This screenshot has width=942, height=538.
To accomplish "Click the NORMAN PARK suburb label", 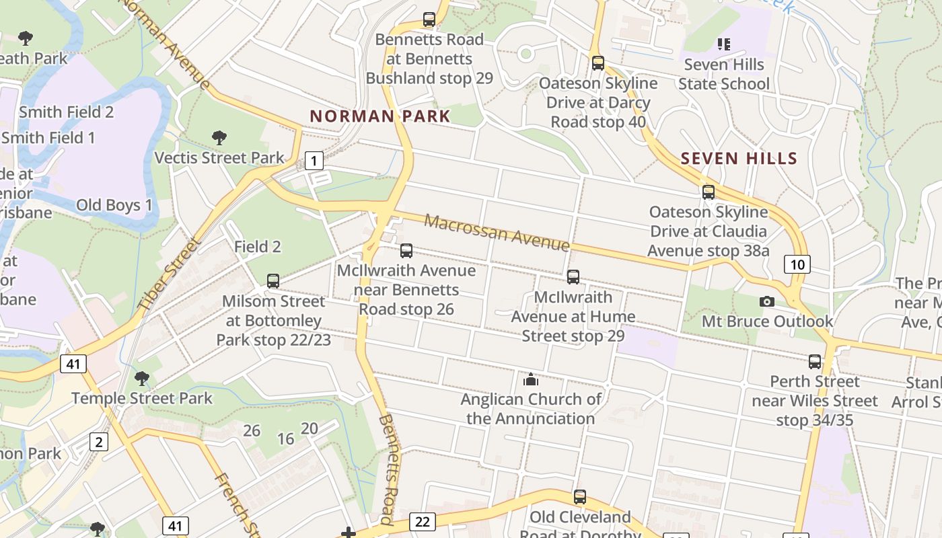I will pos(380,116).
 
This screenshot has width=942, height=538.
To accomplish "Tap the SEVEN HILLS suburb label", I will pos(739,159).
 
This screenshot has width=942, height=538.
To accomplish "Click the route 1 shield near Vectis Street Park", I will pos(314,161).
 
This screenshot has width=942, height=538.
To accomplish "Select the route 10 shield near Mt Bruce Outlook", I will pos(797,264).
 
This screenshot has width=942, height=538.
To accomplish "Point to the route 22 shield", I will pos(422,521).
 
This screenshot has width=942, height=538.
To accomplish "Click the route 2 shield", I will pos(99,442).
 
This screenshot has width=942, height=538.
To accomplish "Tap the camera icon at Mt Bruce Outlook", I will pos(766,301).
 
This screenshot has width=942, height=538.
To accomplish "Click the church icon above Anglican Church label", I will pos(531,380).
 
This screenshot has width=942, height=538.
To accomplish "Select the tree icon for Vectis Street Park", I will pos(219,138).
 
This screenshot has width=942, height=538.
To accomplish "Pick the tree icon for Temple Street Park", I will pos(141,378).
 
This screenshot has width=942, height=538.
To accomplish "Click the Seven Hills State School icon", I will pos(724,44).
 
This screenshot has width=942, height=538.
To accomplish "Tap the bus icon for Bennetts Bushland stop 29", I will pos(429,20).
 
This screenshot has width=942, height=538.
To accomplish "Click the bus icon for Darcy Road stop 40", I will pos(598,63).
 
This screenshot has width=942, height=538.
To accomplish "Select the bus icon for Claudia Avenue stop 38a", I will pos(709,192).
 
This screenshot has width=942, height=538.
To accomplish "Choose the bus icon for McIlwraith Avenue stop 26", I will pos(406,251).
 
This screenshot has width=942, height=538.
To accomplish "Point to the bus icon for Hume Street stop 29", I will pos(573,276).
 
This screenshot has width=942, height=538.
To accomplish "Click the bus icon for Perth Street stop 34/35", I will pos(815,362).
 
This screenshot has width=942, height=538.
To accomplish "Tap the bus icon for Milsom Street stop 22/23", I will pos(273,281).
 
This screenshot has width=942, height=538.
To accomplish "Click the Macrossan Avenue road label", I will pos(497,232).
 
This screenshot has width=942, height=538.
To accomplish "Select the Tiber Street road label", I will pos(169,274).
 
